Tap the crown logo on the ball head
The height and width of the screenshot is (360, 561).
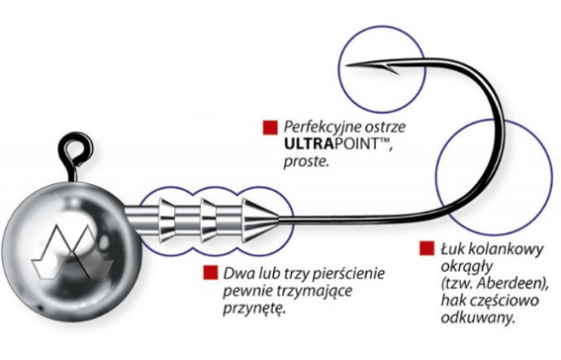coord(73,252)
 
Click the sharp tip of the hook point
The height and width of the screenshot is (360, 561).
coord(346,65)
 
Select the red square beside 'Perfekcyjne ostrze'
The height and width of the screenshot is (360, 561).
coord(270,128)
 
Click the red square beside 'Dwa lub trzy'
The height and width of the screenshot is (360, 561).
coord(210,272)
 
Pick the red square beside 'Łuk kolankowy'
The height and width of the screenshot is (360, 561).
coord(427,248)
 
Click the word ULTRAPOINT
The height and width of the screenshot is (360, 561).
coord(332,144)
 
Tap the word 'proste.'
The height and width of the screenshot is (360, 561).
coord(307,162)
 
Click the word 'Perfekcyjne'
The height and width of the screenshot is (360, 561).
coord(324,127)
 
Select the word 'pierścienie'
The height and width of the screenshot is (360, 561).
coord(349,273)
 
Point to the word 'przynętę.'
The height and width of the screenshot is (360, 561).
coord(254,309)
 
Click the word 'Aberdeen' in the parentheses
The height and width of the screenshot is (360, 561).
coord(511,283)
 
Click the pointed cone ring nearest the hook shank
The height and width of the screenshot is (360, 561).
coord(260,219)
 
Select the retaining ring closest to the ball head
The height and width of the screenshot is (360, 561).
coord(167,220)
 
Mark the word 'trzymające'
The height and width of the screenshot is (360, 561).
coord(315,292)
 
